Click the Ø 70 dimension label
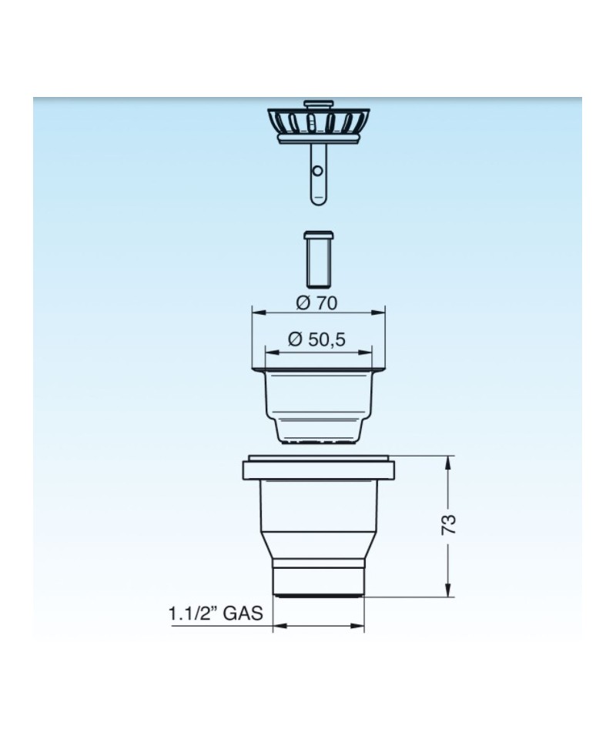click(x=316, y=303)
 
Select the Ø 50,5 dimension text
click(x=316, y=339)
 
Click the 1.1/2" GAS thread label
click(x=216, y=614)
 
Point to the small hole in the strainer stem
click(x=318, y=171)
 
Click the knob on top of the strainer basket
click(x=319, y=104)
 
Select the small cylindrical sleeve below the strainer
click(x=319, y=259)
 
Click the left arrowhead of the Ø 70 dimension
click(x=257, y=312)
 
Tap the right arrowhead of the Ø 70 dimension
click(x=380, y=312)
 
